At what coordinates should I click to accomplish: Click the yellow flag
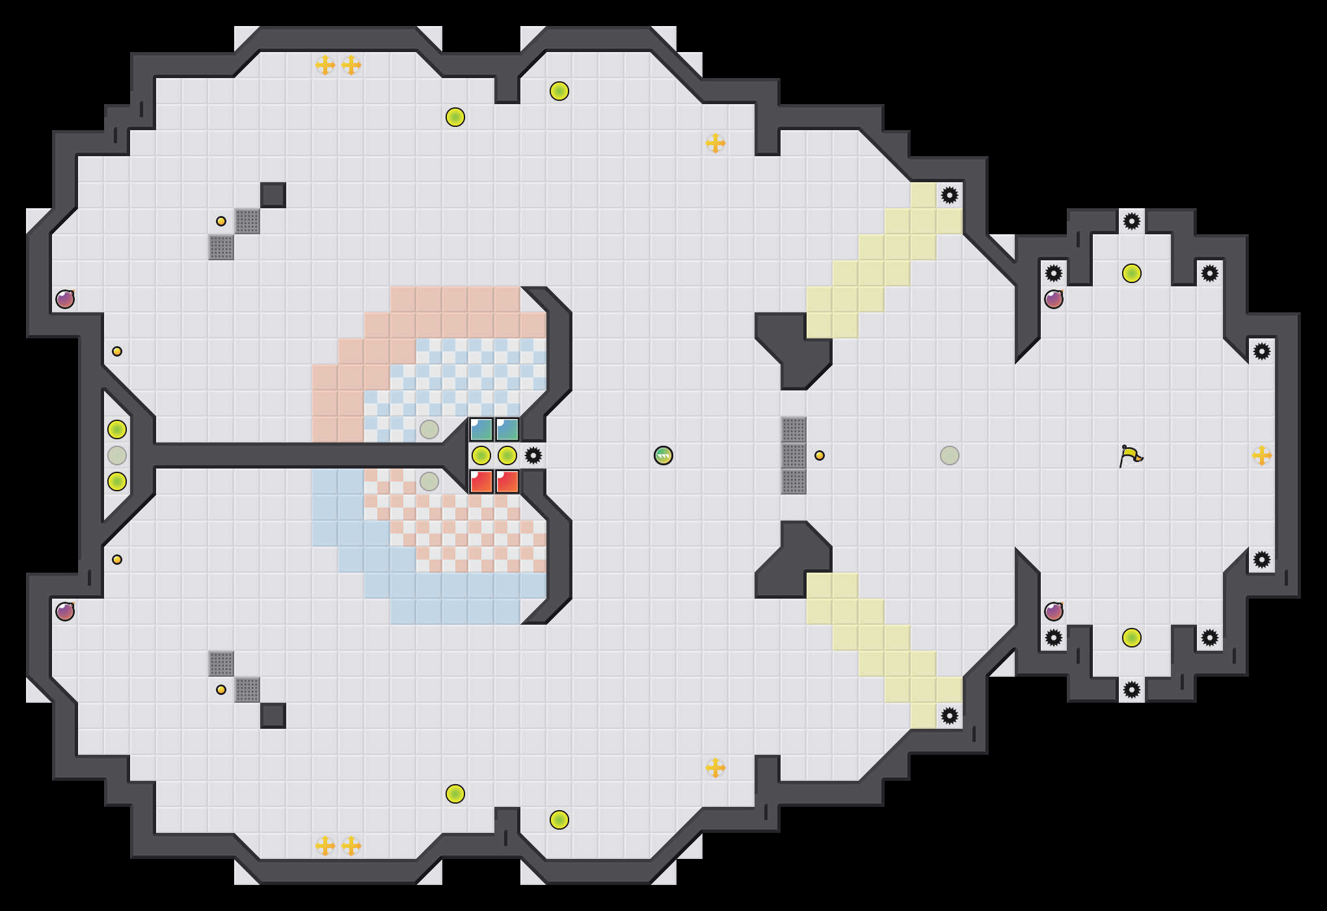[1131, 455]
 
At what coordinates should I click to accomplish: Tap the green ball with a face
[663, 455]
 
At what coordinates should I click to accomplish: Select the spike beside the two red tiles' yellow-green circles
[533, 455]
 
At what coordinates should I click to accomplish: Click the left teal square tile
[481, 429]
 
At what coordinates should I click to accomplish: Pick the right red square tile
[507, 482]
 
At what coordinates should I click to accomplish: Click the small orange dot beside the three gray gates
[820, 455]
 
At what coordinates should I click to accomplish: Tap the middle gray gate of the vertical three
[794, 455]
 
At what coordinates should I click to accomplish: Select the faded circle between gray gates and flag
[950, 455]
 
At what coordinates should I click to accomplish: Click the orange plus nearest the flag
[1262, 455]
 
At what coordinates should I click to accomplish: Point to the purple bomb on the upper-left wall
[65, 299]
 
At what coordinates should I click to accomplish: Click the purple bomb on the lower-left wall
[65, 612]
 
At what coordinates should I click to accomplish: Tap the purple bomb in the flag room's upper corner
[1054, 299]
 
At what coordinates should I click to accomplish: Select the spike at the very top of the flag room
[1132, 221]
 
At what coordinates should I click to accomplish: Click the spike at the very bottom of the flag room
[1132, 690]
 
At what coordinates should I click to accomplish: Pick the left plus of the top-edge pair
[325, 65]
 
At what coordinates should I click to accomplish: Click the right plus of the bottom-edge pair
[351, 846]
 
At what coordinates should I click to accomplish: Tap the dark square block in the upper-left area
[273, 195]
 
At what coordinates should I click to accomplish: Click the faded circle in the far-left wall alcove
[117, 455]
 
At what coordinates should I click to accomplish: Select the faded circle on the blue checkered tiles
[429, 429]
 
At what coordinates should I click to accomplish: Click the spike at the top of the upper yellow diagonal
[950, 195]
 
